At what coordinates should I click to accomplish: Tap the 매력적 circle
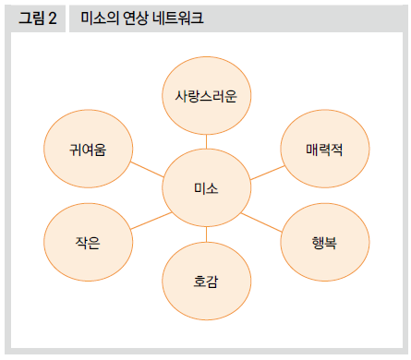click(x=324, y=150)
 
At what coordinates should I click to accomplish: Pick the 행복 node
click(x=324, y=244)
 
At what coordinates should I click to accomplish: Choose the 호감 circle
click(x=206, y=280)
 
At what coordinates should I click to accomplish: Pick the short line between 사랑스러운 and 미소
click(x=206, y=140)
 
